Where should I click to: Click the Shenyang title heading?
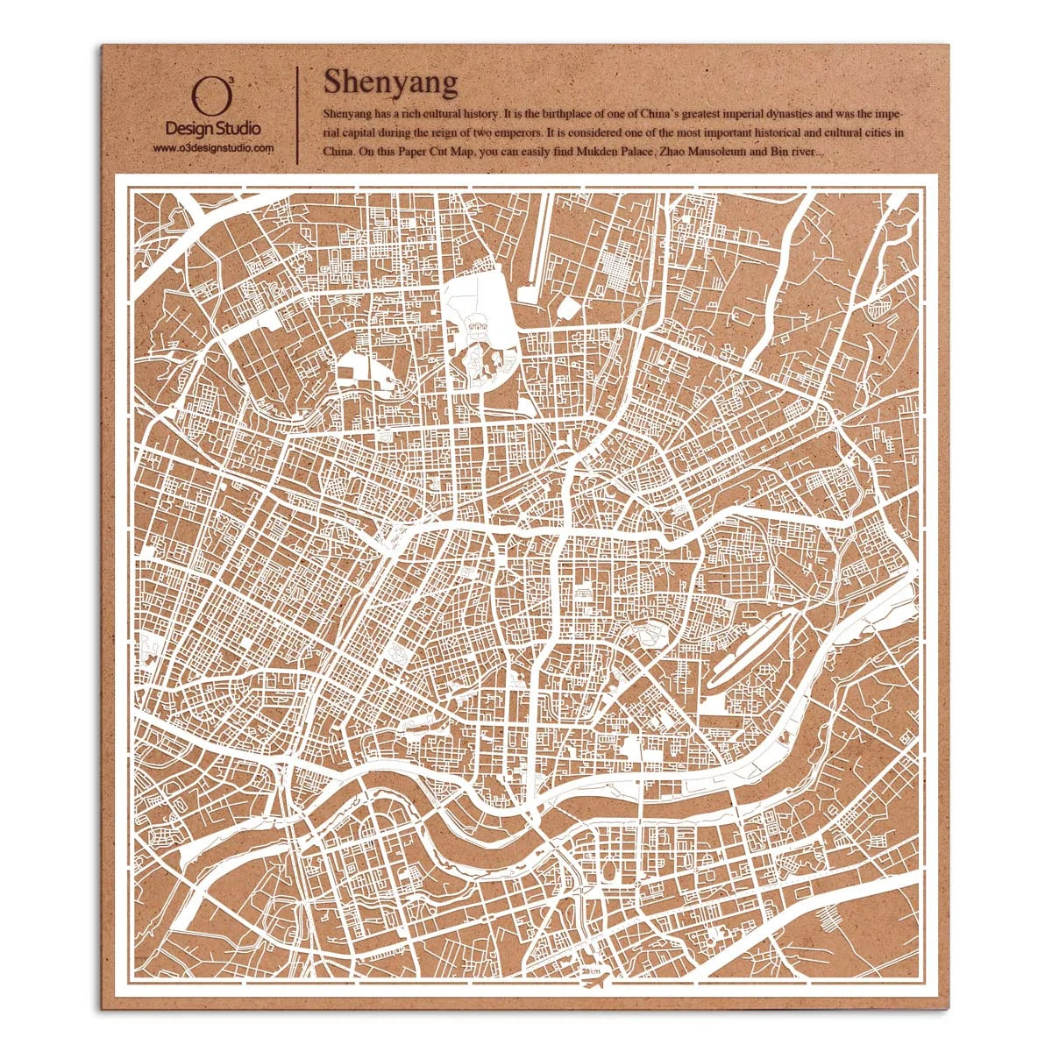pos(390,82)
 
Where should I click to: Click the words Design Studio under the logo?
pos(213,129)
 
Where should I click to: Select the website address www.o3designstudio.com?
pos(213,148)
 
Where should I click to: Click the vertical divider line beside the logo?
pos(297,114)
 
